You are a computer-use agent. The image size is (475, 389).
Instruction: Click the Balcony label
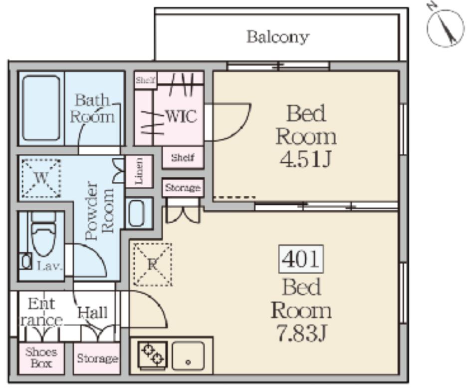(x=277, y=37)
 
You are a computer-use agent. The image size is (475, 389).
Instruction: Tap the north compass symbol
(x=446, y=28)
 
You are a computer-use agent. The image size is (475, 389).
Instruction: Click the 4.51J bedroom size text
(x=306, y=160)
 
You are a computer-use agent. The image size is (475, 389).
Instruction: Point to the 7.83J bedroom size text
(x=301, y=334)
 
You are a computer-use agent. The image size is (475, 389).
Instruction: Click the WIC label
(x=181, y=116)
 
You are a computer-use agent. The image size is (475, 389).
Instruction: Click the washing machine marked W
(x=40, y=177)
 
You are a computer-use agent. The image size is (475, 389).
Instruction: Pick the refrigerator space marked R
(x=152, y=264)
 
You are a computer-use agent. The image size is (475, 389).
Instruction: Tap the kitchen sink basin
(x=188, y=355)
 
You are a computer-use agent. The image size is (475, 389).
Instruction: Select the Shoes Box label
(x=41, y=358)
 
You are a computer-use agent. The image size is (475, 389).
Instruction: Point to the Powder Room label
(x=100, y=210)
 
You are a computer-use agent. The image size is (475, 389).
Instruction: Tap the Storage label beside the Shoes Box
(x=97, y=359)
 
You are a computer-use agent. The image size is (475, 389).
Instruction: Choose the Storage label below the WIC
(x=183, y=188)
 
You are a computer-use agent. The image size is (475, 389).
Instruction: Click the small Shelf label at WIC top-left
(x=145, y=79)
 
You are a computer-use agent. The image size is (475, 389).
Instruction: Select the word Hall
(x=93, y=313)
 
